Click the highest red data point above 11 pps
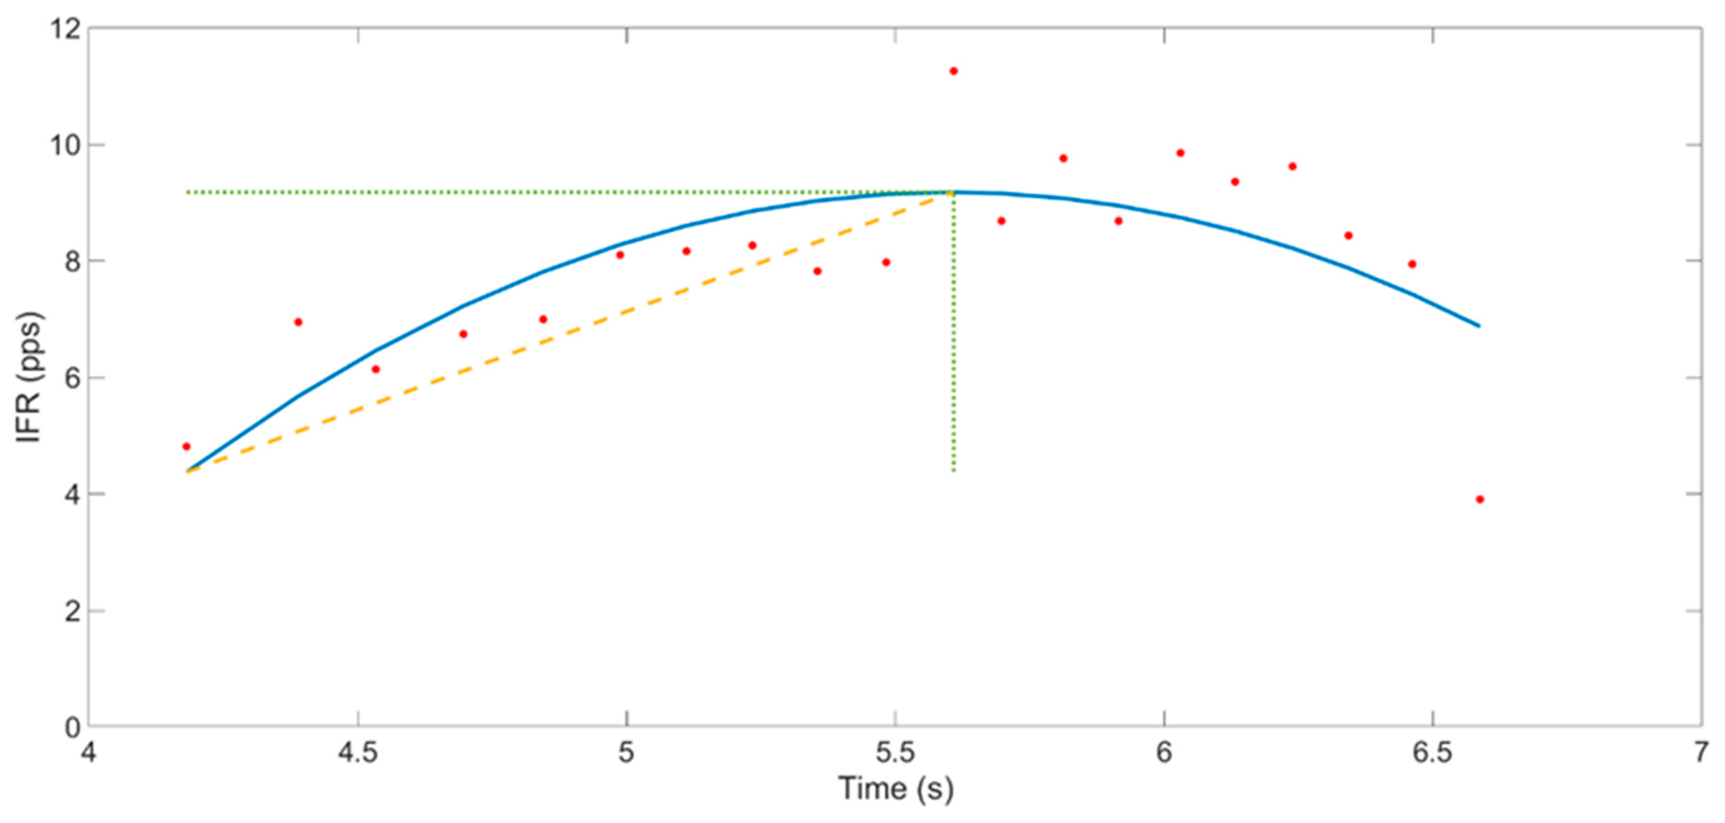click(x=954, y=71)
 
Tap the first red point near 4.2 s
click(x=186, y=446)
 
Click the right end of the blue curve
click(x=1479, y=326)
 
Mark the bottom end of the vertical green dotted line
click(x=954, y=471)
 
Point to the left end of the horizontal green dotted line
click(x=188, y=193)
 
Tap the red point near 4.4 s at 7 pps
click(x=298, y=322)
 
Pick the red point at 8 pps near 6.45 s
click(x=1412, y=264)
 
